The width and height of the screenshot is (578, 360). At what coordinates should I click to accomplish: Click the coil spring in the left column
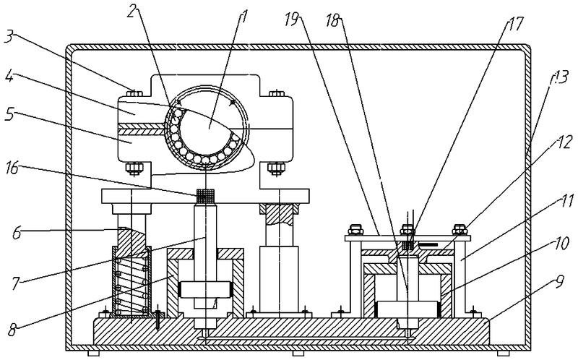131,284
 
